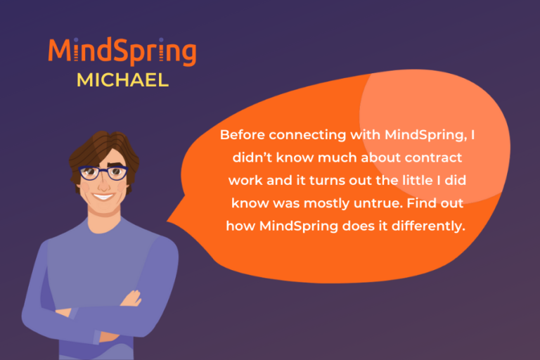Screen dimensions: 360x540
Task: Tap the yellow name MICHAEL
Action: click(122, 79)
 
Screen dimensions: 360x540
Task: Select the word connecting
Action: click(308, 134)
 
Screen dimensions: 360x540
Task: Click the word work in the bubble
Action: click(245, 180)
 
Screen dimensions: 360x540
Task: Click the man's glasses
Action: click(103, 172)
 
